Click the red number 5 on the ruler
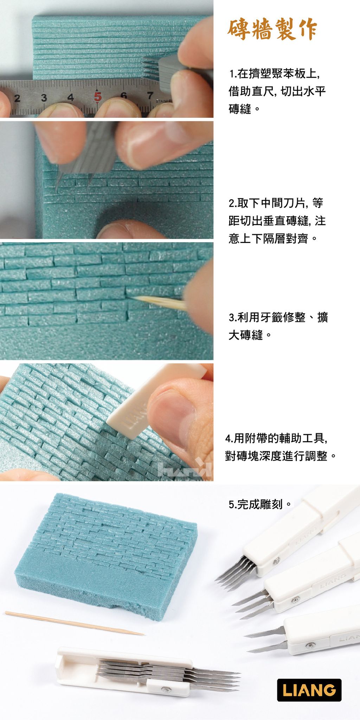click(97, 96)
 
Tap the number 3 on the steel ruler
click(44, 98)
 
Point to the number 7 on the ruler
click(150, 95)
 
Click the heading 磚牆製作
click(272, 30)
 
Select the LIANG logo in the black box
click(309, 690)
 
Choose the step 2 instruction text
click(277, 221)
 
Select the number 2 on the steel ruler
click(17, 98)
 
